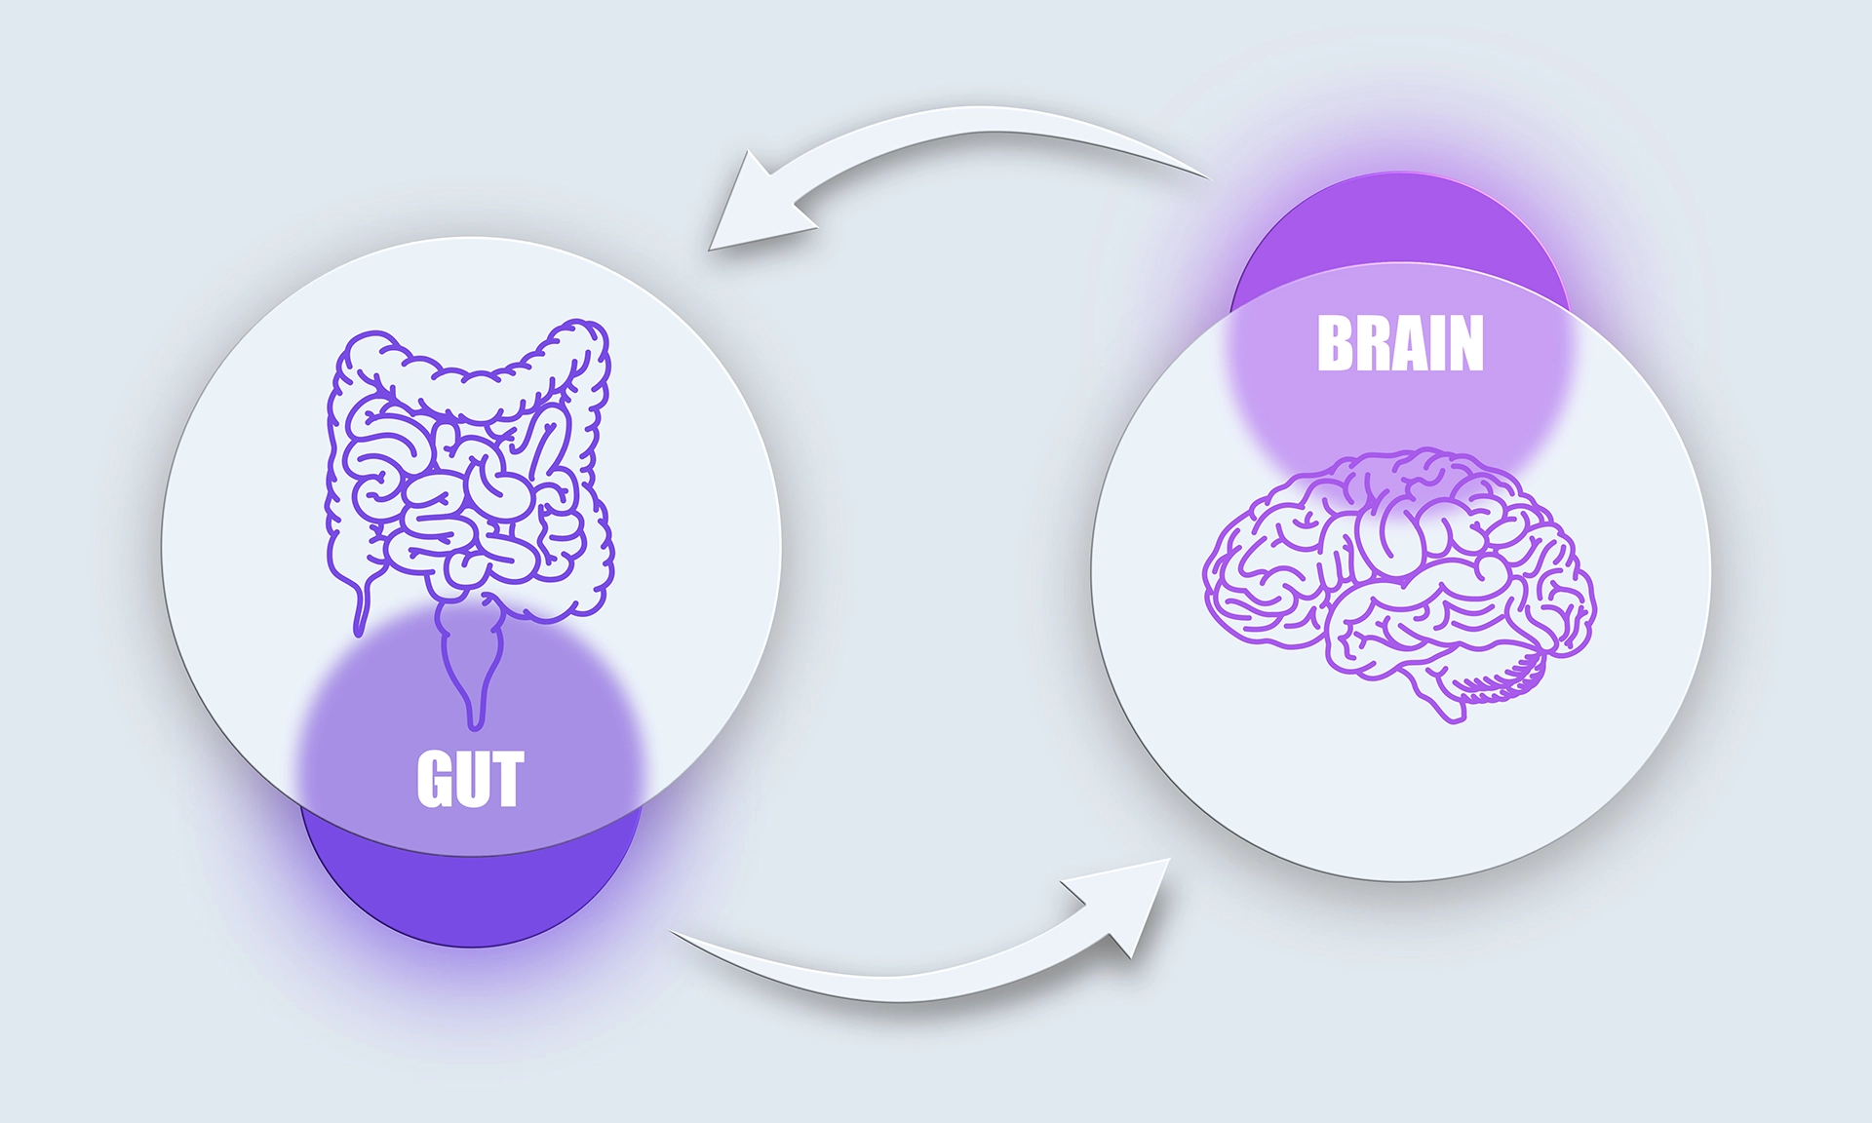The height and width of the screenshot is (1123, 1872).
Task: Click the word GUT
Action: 471,779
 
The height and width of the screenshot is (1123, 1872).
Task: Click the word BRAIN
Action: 1400,343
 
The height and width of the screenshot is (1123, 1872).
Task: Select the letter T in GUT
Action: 508,779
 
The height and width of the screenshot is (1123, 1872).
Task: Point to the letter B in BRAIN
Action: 1334,343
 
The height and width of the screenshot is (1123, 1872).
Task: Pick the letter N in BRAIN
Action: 1466,343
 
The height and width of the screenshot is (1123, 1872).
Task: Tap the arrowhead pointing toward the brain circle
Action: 1121,902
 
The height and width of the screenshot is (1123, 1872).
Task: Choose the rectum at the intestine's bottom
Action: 473,663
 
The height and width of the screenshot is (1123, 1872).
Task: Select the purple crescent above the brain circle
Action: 1400,229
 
